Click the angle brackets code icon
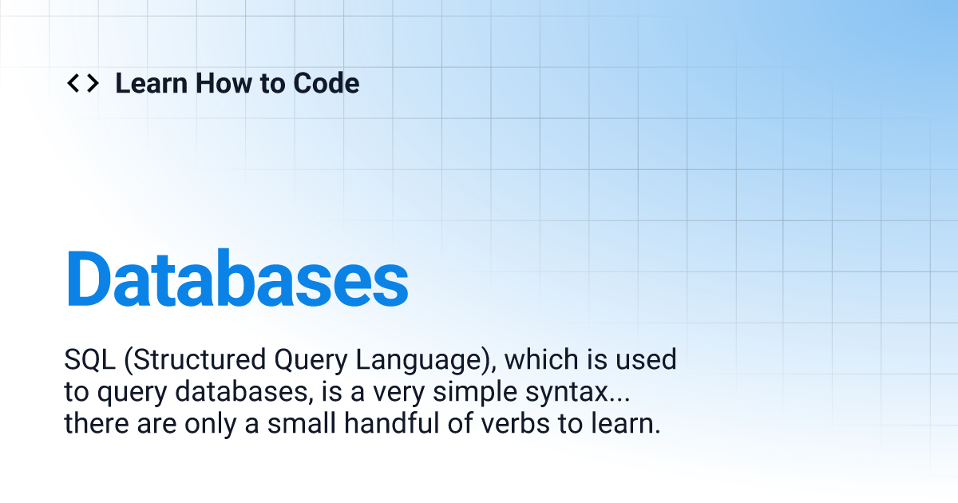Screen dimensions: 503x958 (82, 83)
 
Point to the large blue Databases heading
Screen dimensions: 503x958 (236, 279)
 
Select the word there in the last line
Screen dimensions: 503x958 (93, 423)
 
